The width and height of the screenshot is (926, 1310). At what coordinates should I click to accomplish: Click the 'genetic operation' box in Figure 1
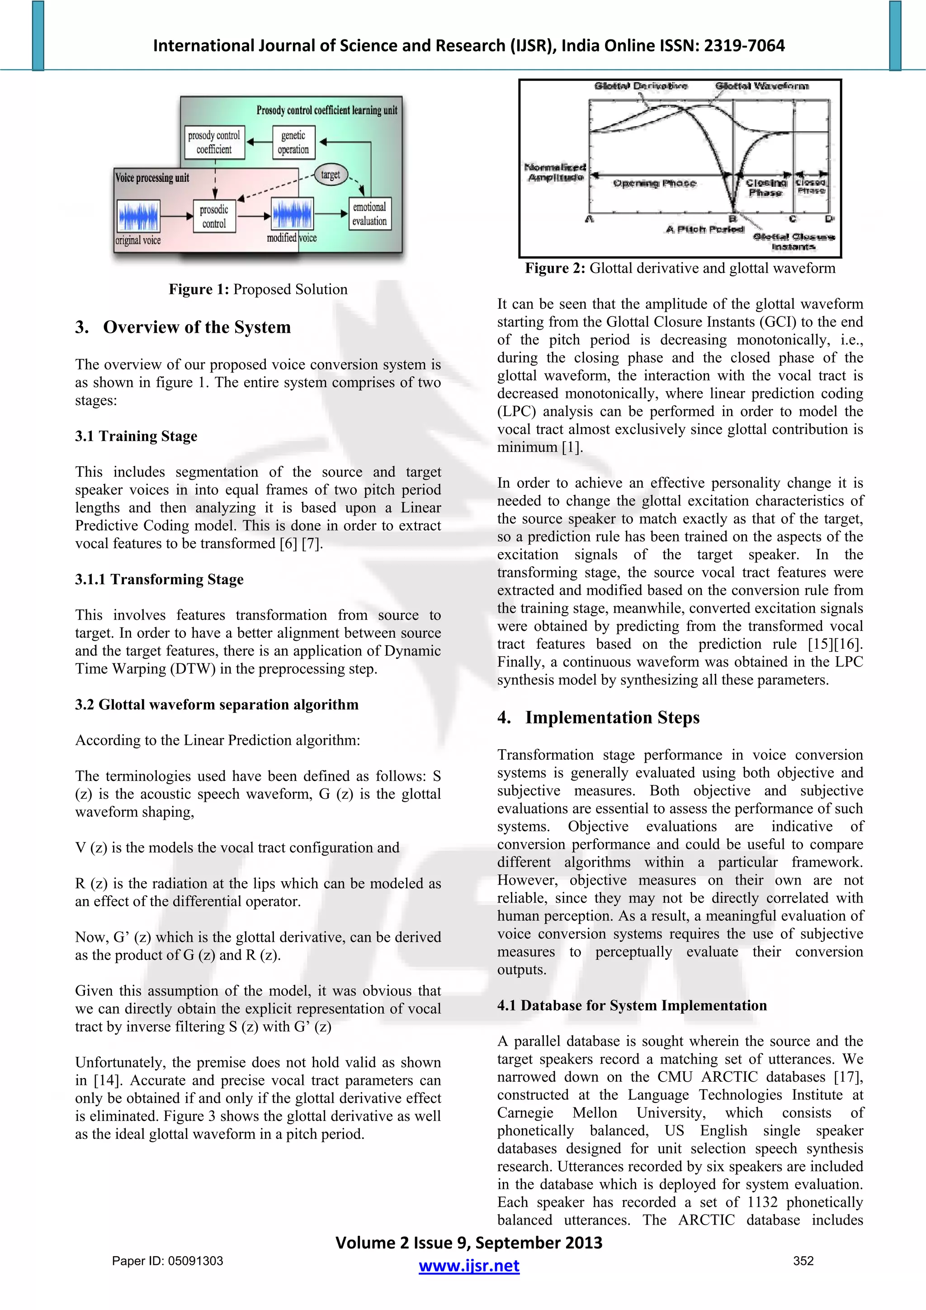coord(293,142)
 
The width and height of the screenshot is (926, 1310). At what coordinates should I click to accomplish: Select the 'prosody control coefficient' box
coord(214,142)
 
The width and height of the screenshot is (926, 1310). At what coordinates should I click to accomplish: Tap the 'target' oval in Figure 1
coord(331,175)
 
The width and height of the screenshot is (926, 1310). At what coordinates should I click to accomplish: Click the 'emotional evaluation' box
coord(370,214)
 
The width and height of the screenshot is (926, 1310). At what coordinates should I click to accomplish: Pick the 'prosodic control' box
coord(214,216)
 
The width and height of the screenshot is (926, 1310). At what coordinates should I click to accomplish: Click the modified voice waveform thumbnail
coord(292,214)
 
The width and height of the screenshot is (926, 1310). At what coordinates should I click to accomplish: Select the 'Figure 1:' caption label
coord(198,289)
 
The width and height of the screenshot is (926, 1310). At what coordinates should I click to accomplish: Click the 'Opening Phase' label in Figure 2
coord(654,183)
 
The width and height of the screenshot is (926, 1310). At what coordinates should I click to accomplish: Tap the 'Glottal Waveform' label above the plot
coord(762,86)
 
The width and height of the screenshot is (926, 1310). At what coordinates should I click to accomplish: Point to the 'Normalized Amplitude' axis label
coord(555,172)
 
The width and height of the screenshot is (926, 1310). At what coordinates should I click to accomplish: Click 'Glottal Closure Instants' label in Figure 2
coord(793,241)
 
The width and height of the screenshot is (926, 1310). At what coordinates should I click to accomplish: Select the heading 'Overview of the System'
coord(197,327)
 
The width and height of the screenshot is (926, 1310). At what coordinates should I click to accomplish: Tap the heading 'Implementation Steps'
coord(612,717)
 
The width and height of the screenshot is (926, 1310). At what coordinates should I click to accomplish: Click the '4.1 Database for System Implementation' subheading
coord(632,1005)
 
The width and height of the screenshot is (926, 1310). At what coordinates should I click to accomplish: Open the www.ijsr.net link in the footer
coord(468,1266)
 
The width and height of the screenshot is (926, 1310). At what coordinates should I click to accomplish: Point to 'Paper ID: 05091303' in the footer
coord(167,1261)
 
